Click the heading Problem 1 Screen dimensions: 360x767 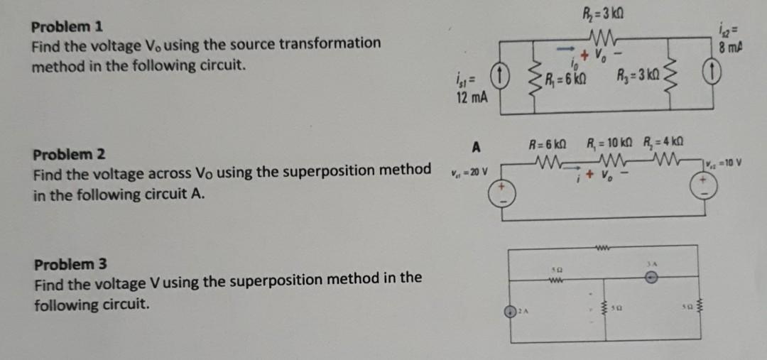[x=67, y=27]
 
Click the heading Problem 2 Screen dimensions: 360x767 [x=70, y=154]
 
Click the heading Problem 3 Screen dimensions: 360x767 [x=70, y=264]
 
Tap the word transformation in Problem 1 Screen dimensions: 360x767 [x=330, y=43]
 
